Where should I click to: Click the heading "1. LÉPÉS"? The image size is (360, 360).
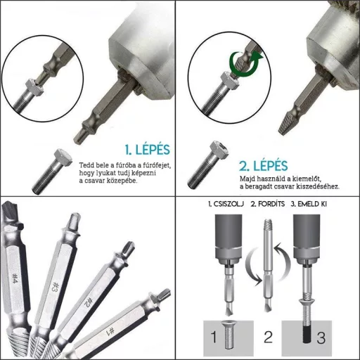[x=147, y=150]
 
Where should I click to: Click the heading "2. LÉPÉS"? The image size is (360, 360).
[x=263, y=166]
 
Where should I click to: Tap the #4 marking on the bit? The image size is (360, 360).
[x=15, y=279]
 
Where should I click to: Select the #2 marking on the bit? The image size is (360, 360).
[x=87, y=303]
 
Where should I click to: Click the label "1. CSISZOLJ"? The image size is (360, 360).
[x=226, y=204]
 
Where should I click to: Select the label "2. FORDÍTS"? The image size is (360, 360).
[x=268, y=204]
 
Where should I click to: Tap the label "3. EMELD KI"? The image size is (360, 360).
[x=309, y=204]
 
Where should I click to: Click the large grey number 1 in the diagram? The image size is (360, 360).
[x=213, y=337]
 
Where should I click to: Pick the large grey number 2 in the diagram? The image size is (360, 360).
[x=268, y=337]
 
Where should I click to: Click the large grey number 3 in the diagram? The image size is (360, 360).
[x=321, y=337]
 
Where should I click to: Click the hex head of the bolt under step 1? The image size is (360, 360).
[x=63, y=157]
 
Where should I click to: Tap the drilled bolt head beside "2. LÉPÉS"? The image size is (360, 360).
[x=219, y=149]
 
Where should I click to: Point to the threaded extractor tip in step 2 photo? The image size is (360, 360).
[x=285, y=124]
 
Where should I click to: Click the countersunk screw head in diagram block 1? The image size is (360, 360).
[x=226, y=323]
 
